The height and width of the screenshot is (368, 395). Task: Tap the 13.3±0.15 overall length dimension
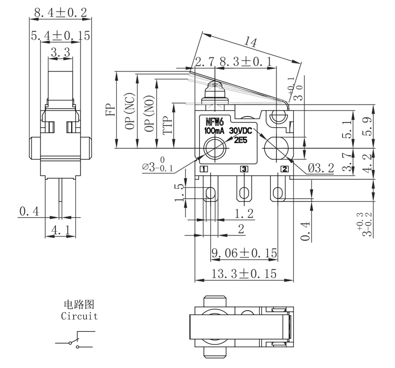point(244,274)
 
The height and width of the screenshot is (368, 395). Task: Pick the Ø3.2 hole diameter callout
point(321,169)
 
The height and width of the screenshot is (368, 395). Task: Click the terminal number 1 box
point(204,169)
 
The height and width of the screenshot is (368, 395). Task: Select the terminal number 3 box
point(244,169)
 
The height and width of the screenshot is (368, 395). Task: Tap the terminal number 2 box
point(284,169)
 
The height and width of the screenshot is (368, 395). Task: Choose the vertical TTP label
point(167,126)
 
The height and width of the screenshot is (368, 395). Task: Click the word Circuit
point(80,316)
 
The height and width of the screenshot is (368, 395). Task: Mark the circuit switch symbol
point(76,340)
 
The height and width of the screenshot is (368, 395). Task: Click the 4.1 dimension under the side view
point(61,230)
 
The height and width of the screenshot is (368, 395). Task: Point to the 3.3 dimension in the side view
point(61,53)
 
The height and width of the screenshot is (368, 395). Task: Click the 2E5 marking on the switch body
point(241,139)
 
